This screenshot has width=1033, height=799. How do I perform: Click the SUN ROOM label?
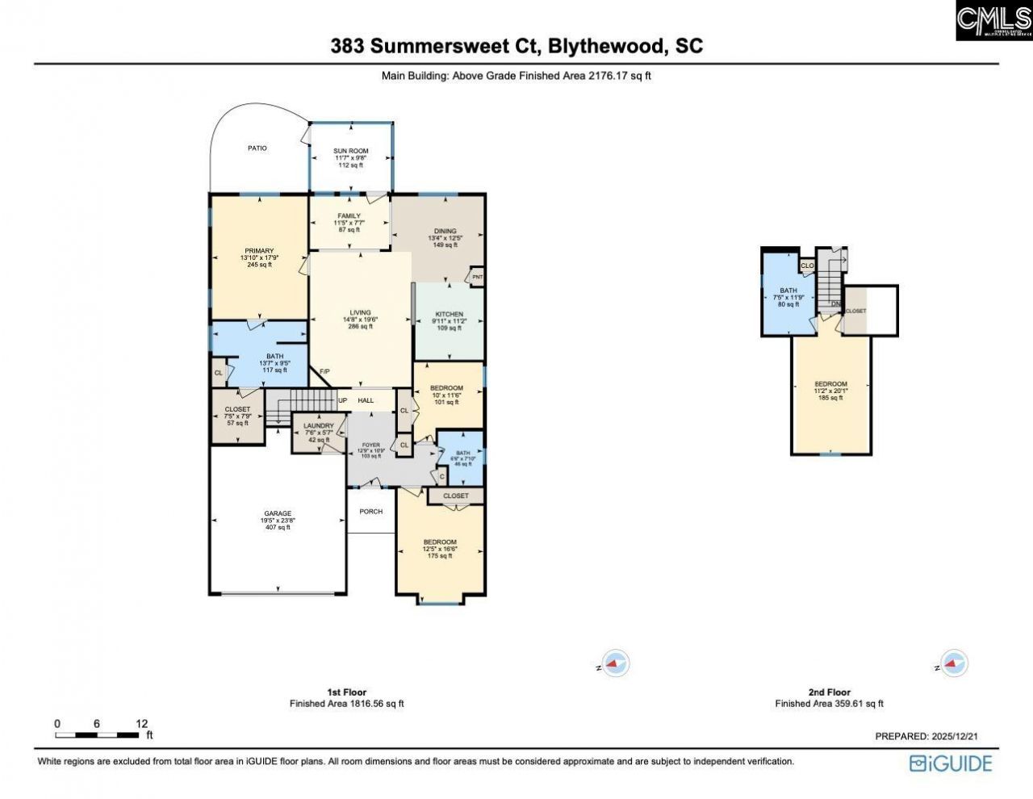351,151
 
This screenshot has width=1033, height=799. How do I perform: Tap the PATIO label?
257,149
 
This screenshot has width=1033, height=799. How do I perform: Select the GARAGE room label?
278,514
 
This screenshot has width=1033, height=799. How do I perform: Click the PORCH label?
370,512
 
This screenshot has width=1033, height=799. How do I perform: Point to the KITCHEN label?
449,314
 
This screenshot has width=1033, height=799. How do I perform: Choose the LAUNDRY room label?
318,426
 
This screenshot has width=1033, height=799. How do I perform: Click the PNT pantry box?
477,278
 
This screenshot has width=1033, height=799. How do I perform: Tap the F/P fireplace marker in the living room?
324,371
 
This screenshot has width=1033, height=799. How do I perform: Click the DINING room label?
445,232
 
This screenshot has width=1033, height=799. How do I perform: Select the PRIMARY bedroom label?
259,251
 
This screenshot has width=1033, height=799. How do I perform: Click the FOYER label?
370,445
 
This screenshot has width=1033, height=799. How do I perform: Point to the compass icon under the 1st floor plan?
617,664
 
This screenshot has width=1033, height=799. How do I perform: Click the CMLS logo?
993,21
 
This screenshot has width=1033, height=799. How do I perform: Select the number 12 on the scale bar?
142,724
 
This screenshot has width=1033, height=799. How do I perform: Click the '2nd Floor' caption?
829,692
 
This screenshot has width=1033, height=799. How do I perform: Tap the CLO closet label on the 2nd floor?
806,266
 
